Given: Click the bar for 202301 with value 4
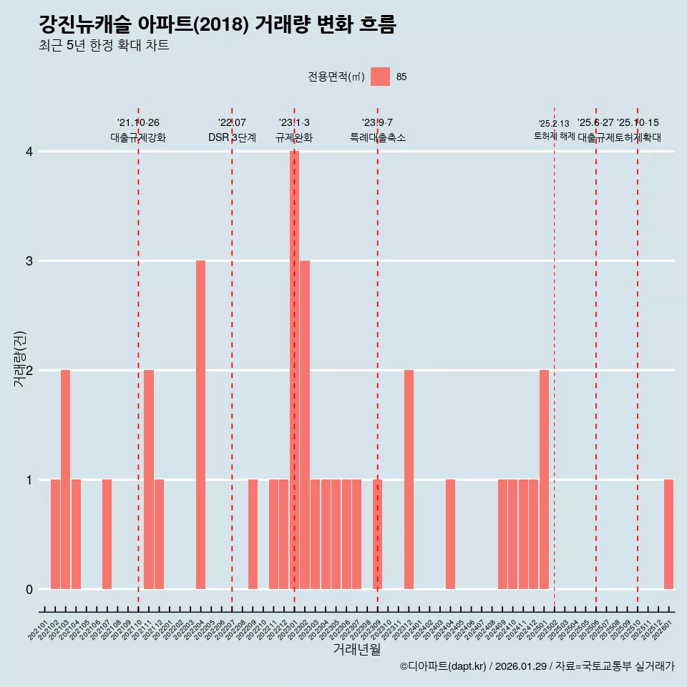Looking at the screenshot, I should [294, 370].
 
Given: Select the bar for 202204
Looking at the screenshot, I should [200, 424].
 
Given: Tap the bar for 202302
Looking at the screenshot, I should [305, 424].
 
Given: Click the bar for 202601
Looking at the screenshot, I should [668, 534].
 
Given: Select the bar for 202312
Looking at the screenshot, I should [409, 479].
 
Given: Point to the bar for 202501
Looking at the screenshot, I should [544, 479].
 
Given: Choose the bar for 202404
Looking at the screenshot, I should [450, 534].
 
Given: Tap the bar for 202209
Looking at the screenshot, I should [253, 534].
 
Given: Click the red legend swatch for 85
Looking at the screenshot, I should [381, 77].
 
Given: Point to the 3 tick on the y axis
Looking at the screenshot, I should [29, 261].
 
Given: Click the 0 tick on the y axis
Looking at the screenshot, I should [29, 590].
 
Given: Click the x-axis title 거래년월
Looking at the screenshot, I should [356, 649].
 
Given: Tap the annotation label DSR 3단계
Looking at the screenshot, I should [232, 137].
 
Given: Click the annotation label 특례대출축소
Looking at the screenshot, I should [377, 137].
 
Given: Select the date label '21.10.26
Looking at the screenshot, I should [138, 123].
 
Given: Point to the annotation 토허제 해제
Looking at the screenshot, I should [554, 136].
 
